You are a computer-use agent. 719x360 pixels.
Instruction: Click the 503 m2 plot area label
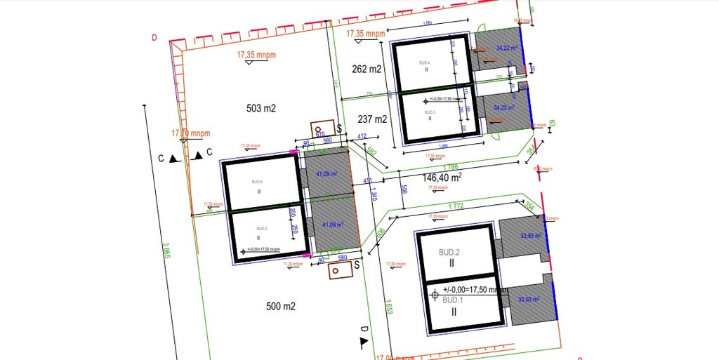pyautogui.click(x=261, y=109)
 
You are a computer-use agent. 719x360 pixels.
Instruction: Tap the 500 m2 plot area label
pyautogui.click(x=281, y=307)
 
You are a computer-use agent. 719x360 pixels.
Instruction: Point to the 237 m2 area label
pyautogui.click(x=372, y=119)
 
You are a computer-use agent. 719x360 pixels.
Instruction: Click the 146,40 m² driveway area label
pyautogui.click(x=442, y=178)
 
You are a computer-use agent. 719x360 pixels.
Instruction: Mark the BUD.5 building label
pyautogui.click(x=262, y=229)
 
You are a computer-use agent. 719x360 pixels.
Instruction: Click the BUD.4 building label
pyautogui.click(x=424, y=63)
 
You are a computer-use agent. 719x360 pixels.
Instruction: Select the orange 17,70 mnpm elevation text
pyautogui.click(x=191, y=133)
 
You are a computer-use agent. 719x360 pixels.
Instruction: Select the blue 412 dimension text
pyautogui.click(x=362, y=136)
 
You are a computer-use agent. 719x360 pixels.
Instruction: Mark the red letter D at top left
pyautogui.click(x=154, y=38)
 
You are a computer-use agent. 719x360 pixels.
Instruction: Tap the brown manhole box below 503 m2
pyautogui.click(x=322, y=130)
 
